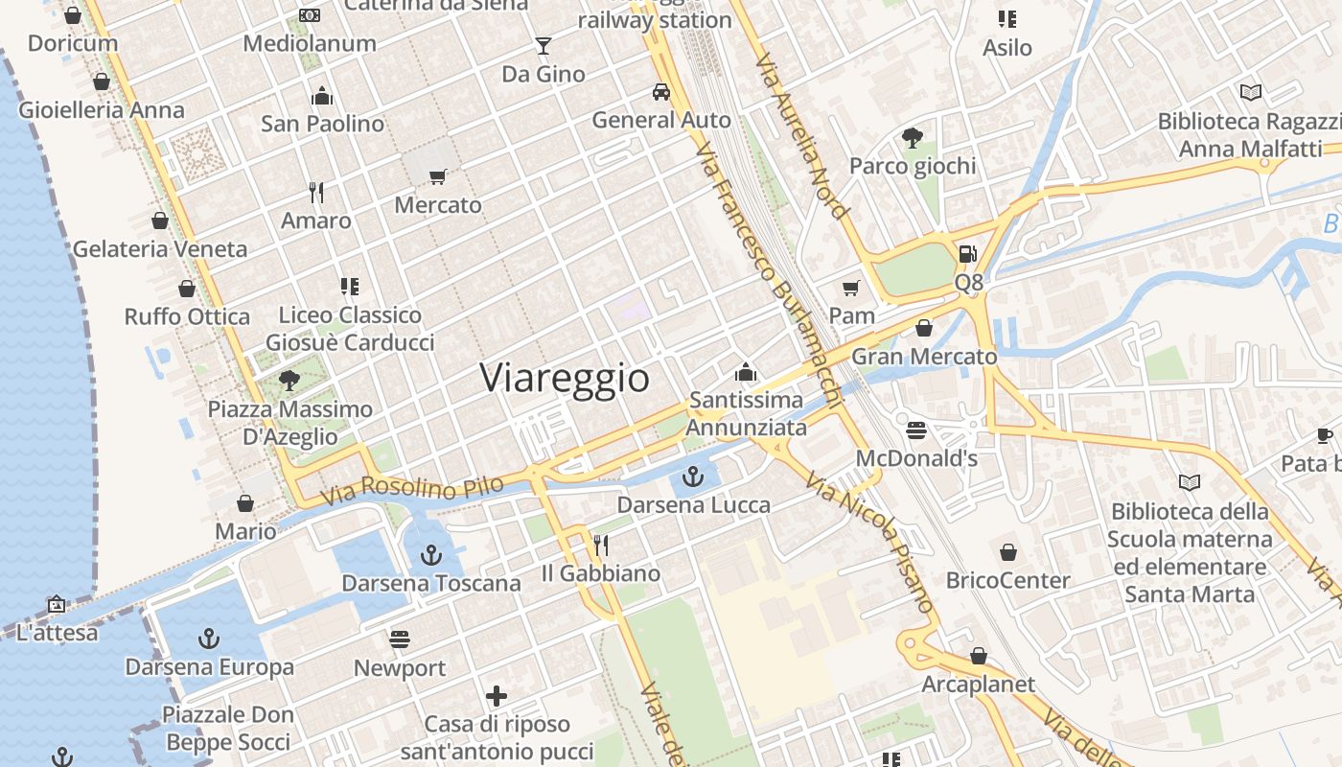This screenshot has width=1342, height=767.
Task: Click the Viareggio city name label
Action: pos(565,378)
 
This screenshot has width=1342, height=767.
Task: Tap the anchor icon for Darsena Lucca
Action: pos(693,476)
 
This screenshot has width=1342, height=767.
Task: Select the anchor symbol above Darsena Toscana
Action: pos(431,554)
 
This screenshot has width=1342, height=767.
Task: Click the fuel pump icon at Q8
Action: pos(968,254)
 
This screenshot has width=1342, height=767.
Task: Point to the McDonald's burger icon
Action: pos(916,430)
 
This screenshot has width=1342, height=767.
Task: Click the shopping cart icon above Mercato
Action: pos(438,176)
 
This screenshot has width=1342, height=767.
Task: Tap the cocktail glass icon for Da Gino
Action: pos(544,45)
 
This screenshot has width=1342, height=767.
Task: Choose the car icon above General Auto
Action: pos(661,92)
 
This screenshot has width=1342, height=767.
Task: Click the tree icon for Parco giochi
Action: pos(912,138)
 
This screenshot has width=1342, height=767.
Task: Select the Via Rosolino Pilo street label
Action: pos(412,491)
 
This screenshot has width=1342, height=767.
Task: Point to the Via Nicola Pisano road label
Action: pos(870,542)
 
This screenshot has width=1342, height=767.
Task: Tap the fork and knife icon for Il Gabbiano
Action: pos(601,546)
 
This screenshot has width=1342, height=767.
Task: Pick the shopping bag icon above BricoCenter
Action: pos(1007,552)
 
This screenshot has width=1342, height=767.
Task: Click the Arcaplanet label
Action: pos(978,685)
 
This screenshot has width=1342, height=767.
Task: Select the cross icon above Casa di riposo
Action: pos(497,696)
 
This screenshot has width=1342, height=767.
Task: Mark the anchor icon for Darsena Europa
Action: pos(209,639)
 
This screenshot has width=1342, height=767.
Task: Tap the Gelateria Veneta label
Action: pos(160,249)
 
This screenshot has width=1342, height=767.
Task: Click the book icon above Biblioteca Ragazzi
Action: pos(1251,93)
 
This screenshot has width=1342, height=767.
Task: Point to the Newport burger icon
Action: pos(400,639)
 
